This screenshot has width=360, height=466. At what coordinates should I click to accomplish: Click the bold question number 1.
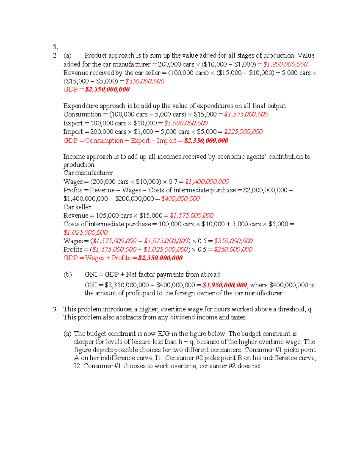[x=55, y=47]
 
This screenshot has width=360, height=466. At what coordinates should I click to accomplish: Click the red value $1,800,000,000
[x=285, y=64]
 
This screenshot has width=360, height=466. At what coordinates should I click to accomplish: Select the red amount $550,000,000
[x=145, y=81]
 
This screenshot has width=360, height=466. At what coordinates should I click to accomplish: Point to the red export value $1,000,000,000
[x=186, y=123]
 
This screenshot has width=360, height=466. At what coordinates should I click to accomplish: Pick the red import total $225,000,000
[x=243, y=132]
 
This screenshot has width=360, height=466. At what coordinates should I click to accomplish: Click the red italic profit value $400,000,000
[x=181, y=199]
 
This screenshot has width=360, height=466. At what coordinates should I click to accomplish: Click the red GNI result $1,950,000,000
[x=225, y=285]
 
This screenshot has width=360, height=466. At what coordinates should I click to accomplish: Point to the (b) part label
[x=67, y=275]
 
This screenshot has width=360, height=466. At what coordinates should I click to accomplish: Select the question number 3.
[x=55, y=309]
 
